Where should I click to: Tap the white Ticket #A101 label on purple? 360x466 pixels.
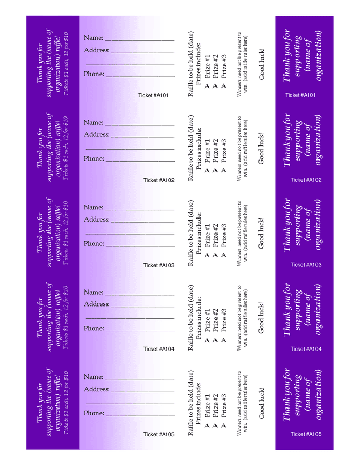point(300,95)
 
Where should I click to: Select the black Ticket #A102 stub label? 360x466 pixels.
point(159,180)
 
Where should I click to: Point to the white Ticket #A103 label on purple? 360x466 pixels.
point(306,265)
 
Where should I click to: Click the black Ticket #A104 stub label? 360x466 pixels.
point(159,349)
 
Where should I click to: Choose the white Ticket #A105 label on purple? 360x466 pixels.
point(306,434)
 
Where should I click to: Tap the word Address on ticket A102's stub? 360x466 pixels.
point(96,135)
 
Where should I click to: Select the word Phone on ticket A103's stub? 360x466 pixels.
point(94,243)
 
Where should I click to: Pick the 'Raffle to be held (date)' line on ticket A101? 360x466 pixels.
point(191,63)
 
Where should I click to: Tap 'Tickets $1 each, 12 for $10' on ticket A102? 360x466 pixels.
point(66,148)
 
